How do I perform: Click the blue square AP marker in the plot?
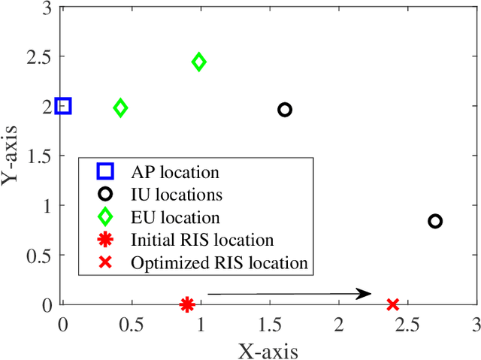63,106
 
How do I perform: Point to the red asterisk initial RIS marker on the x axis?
187,304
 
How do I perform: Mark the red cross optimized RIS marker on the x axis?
392,304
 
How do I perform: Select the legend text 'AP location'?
174,172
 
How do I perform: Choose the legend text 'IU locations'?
176,195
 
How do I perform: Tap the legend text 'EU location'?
174,217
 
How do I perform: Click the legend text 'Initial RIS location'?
201,240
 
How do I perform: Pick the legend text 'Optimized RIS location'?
219,263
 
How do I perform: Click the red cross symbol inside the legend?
105,263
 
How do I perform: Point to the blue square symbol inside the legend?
105,172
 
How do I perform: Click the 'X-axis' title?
268,349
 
